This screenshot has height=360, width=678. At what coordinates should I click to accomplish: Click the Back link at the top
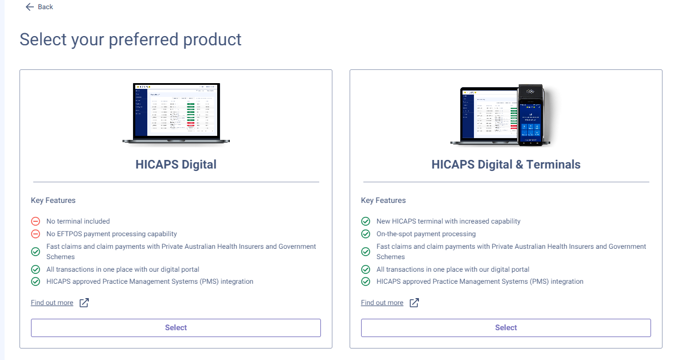[x=39, y=7]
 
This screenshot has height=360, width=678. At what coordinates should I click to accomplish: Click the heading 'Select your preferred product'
[x=131, y=40]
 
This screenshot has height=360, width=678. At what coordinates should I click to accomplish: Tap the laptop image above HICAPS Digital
[x=176, y=113]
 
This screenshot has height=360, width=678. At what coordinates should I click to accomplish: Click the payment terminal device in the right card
[x=530, y=115]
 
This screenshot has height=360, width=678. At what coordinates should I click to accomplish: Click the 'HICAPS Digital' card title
[x=176, y=165]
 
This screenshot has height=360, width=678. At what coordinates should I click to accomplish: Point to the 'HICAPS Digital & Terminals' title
[x=505, y=165]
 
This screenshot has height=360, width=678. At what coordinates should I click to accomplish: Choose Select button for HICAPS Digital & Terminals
[x=505, y=328]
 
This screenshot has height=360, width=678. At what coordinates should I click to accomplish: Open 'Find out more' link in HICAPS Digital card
[x=52, y=303]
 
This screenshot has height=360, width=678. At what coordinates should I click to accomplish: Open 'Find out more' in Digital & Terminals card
[x=382, y=303]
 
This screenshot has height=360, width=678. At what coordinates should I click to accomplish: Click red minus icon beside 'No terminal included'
[x=36, y=221]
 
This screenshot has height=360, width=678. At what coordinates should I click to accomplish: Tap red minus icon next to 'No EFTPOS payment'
[x=36, y=234]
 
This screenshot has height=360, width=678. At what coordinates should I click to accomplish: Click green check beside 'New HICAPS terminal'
[x=366, y=221]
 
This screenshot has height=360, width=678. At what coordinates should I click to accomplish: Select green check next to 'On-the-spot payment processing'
[x=366, y=234]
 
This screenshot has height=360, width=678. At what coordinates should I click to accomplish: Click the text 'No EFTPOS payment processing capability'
[x=112, y=234]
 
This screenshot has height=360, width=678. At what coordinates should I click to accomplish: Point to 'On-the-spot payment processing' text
[x=426, y=234]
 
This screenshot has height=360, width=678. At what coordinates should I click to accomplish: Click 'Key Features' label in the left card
[x=53, y=201]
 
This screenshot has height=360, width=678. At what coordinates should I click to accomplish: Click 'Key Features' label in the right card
[x=383, y=201]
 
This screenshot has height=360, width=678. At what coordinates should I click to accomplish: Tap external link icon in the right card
[x=414, y=303]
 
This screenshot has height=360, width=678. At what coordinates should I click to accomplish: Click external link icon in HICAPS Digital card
[x=84, y=303]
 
